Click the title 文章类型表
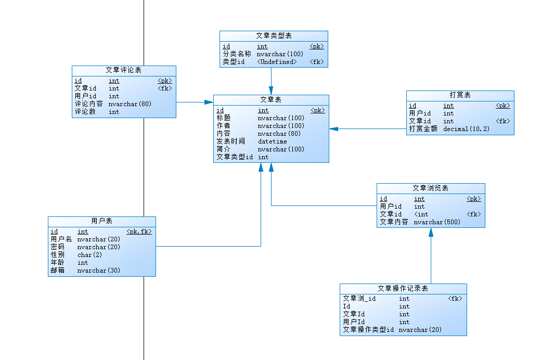click(274, 35)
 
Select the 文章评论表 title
click(123, 70)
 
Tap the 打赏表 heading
click(460, 95)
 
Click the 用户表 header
click(101, 221)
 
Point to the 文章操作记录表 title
click(403, 288)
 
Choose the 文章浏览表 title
click(430, 188)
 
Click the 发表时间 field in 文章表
click(230, 142)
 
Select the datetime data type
click(272, 142)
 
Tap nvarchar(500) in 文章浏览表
click(437, 222)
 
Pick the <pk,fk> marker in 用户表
click(139, 232)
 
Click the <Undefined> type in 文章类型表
click(276, 62)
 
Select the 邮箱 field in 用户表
click(57, 271)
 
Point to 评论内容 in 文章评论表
click(88, 104)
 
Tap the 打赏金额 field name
click(423, 129)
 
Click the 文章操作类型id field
click(368, 330)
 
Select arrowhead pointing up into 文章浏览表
click(431, 233)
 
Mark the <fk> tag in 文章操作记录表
click(455, 299)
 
